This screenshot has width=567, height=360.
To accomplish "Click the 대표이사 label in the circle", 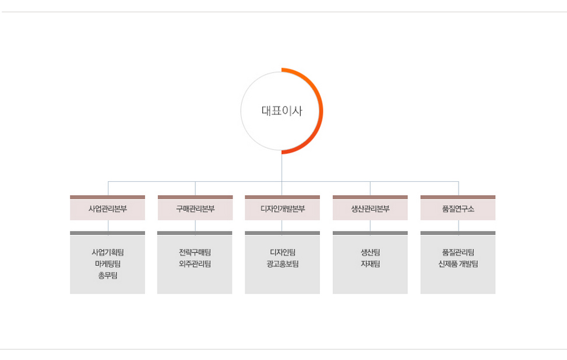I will (282, 111).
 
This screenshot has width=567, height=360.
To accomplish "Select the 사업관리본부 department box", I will (108, 209).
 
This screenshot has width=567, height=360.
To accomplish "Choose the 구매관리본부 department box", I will (195, 209).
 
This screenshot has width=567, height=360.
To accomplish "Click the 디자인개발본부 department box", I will (283, 209).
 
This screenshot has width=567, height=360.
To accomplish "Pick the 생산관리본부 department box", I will (370, 209).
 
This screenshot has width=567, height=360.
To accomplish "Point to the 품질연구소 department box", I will (458, 209).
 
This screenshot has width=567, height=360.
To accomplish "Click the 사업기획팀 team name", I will (108, 252).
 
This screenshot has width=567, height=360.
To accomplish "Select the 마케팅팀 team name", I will (108, 264).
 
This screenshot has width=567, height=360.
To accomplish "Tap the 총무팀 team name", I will (108, 276).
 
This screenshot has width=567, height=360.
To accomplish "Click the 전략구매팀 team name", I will (195, 252).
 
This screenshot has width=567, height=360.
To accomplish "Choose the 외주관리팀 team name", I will (195, 264).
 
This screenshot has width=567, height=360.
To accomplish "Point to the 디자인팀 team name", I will (283, 252).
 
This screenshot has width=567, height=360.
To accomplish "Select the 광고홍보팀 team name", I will (283, 264).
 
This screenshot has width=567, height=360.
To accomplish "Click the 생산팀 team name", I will (370, 252).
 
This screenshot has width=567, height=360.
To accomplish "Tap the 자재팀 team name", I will (370, 264).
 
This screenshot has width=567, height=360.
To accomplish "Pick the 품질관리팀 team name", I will (458, 252).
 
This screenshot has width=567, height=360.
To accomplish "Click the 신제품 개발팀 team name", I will (458, 264).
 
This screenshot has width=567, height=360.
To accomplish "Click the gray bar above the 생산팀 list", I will (370, 233).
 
